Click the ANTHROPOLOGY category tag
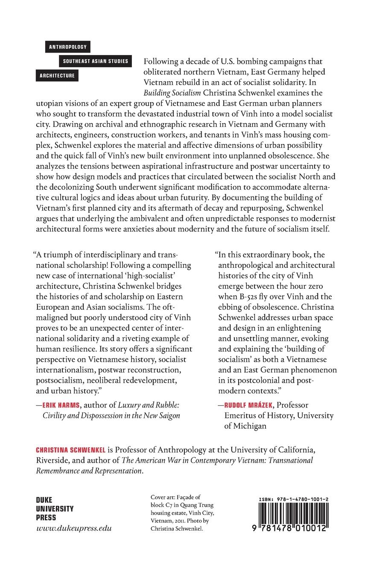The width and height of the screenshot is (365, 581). tap(67, 47)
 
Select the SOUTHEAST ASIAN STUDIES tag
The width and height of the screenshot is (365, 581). tap(95, 61)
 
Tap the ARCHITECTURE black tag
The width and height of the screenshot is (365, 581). tap(58, 76)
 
